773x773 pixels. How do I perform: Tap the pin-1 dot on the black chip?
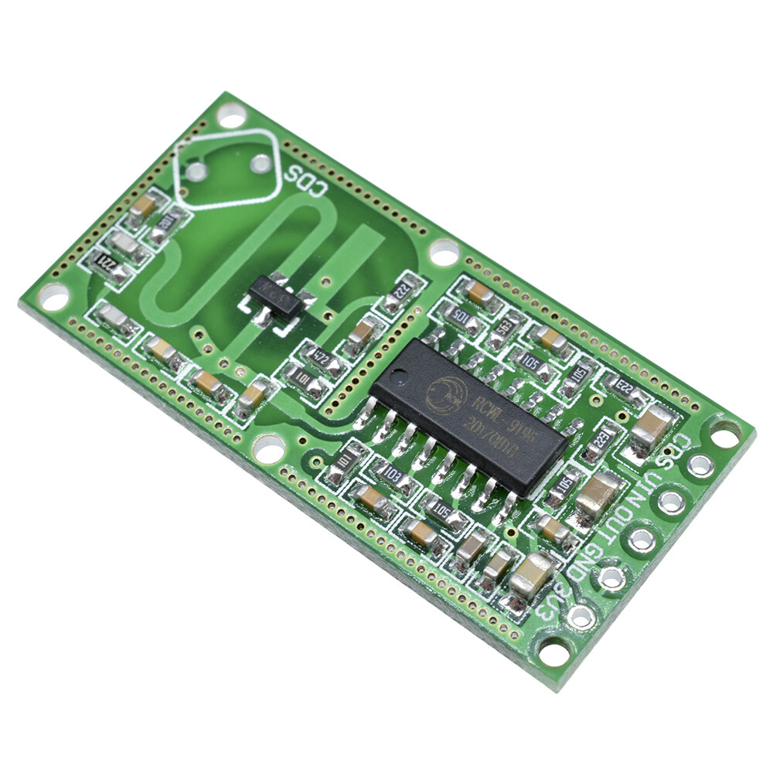pos(398,378)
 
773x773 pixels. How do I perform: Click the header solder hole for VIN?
pos(671,501)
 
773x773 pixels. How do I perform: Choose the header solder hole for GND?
pos(611,577)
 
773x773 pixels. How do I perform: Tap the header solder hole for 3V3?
pos(581,616)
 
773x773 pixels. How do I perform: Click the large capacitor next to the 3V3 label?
pos(531,573)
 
